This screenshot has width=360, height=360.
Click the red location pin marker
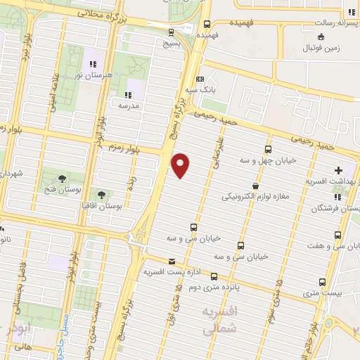pos(181,165)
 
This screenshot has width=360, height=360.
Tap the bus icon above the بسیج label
pos(173,32)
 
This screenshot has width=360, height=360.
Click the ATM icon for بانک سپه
pos(200,79)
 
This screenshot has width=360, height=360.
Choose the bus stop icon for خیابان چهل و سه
pos(268,149)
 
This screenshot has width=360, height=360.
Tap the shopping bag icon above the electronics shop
pos(254,186)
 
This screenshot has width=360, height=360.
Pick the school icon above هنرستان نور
pos(93,65)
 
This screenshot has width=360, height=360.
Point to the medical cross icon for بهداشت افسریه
pos(338,169)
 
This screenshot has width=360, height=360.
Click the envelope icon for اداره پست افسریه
pos(171,261)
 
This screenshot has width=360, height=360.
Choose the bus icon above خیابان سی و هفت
pos(338,235)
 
